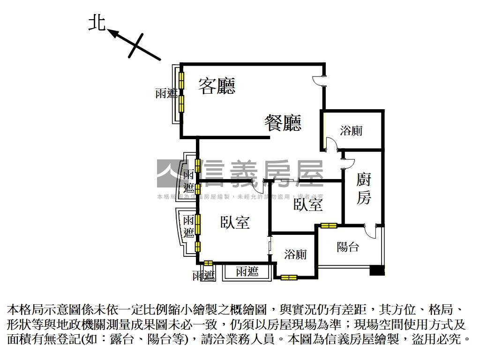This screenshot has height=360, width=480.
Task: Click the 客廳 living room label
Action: point(217,86)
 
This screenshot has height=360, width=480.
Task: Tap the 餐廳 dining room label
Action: point(283,123)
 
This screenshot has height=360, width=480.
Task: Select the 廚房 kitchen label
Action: point(364,188)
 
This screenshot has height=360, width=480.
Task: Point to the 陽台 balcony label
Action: point(348,247)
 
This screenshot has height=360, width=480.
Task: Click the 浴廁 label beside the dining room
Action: point(351,131)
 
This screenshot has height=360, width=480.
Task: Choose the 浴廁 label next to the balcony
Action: point(295,255)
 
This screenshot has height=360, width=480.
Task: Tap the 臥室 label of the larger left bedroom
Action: point(235,222)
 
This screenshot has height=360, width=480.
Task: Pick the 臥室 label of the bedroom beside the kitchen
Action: point(308,204)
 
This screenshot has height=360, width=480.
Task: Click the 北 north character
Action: point(97,23)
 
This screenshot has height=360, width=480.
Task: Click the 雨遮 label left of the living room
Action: point(166,93)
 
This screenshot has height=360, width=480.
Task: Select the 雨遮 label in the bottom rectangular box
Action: point(247,272)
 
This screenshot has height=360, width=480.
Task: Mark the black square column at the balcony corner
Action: point(377,270)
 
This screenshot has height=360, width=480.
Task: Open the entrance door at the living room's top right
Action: point(319,81)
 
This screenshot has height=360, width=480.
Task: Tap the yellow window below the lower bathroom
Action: point(289,277)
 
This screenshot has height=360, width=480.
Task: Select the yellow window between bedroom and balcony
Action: point(329,225)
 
